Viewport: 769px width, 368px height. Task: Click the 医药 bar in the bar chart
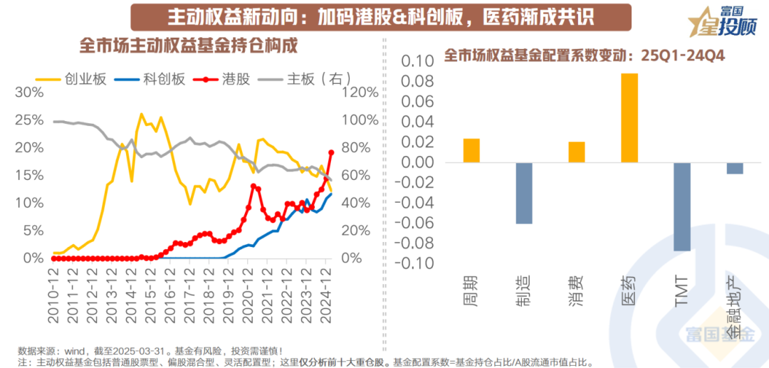(629, 118)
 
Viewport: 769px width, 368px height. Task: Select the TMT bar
(681, 206)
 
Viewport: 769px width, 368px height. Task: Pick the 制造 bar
(524, 193)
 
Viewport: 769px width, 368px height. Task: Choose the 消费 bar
(577, 152)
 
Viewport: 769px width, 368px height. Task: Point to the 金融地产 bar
(734, 168)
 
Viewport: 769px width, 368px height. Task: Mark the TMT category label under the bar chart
(681, 292)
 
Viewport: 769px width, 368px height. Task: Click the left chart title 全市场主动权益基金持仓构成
(188, 45)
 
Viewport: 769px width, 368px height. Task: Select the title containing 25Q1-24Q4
(584, 55)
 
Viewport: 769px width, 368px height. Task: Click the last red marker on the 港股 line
(331, 152)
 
